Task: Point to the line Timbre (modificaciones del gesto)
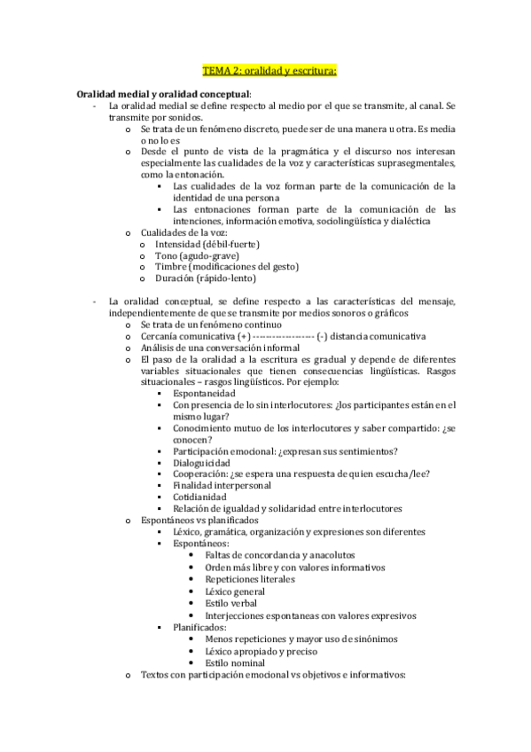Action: tap(226, 267)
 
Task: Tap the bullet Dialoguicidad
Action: tap(203, 463)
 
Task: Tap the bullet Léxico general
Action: tap(235, 590)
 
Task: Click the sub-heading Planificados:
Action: tap(202, 627)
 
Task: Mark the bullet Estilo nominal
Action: tap(235, 662)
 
